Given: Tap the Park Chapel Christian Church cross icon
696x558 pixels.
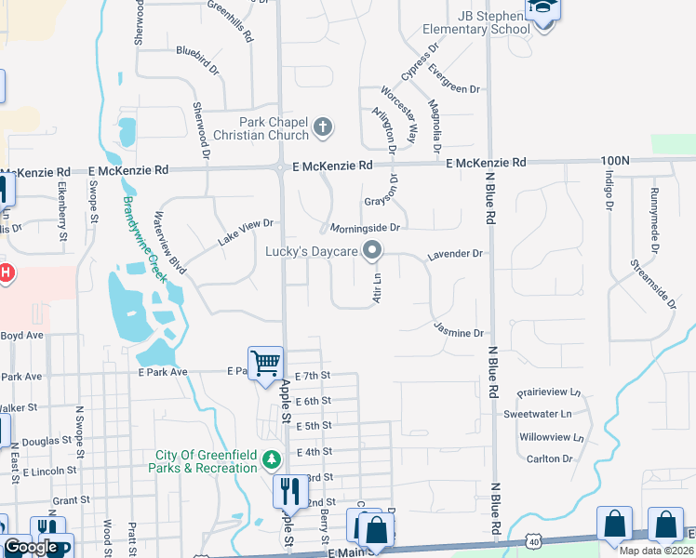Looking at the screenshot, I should tap(323, 127).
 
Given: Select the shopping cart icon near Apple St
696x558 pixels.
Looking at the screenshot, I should tap(265, 362).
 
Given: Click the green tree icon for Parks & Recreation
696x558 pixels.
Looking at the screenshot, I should tap(272, 459).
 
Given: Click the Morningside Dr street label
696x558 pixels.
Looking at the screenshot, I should tap(362, 227).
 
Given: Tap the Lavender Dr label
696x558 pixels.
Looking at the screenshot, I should tap(455, 253).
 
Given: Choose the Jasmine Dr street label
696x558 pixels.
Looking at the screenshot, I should tap(460, 332).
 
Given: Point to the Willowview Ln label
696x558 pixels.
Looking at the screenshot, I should tap(552, 436).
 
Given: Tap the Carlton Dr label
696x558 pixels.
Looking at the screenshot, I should tap(549, 458).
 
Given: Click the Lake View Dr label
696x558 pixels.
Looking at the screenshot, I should tap(245, 232).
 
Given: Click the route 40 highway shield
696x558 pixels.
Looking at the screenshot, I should tap(532, 541).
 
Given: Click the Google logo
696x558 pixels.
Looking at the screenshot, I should tap(31, 547).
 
